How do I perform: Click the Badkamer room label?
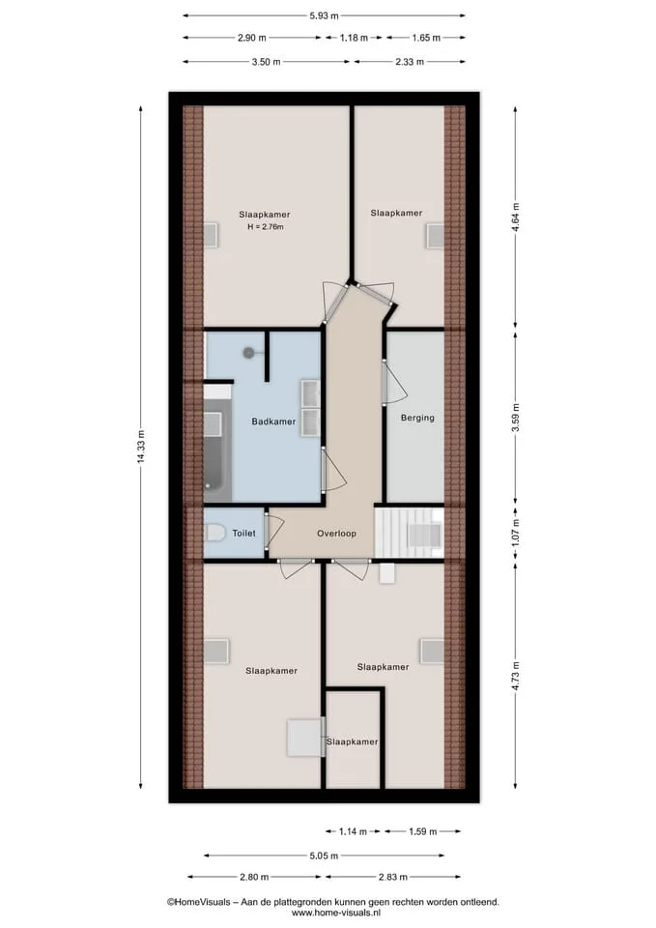coord(273,421)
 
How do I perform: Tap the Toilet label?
coord(243,534)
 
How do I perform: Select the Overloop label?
coord(336,534)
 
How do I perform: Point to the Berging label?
coord(417,418)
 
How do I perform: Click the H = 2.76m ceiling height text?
coord(266,226)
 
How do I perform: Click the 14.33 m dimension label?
coord(141,447)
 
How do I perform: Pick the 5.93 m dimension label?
coord(325,15)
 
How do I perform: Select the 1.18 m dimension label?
coord(354,38)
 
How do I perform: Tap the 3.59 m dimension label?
coord(516,418)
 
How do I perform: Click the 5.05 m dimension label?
coord(325,855)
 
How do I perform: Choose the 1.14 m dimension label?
coord(354,831)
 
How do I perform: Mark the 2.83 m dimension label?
coord(393,877)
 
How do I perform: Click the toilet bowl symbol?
coord(215,533)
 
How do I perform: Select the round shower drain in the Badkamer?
coord(248,353)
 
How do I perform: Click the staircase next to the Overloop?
coord(410,532)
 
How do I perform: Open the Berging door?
coord(385,383)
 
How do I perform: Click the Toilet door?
coord(267,532)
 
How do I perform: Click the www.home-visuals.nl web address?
coord(335,913)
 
